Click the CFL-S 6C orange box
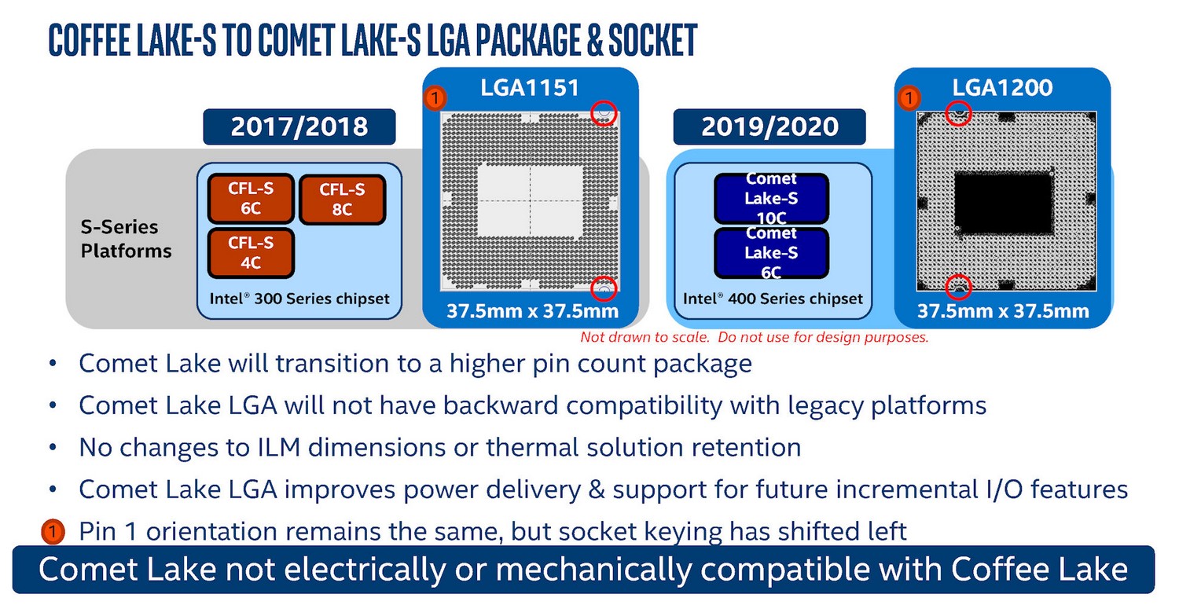coord(251,198)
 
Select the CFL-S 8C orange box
coord(343,199)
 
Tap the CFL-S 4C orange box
coord(251,252)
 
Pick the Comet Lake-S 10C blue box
coord(772,198)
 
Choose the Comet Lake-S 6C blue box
coord(772,252)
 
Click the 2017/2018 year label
coord(299,126)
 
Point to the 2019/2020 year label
coord(769,126)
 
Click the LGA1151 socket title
coord(530,88)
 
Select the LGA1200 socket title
coord(1003,87)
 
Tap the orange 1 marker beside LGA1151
coord(435,98)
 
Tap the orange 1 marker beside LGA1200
coord(909,98)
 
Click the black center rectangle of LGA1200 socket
coord(1003,203)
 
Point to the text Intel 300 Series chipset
coord(299,299)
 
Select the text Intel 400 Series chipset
coord(773,299)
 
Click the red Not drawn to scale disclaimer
coord(755,337)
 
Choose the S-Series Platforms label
coord(126,239)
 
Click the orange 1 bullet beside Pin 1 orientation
coord(53,531)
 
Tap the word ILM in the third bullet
coord(278,448)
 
